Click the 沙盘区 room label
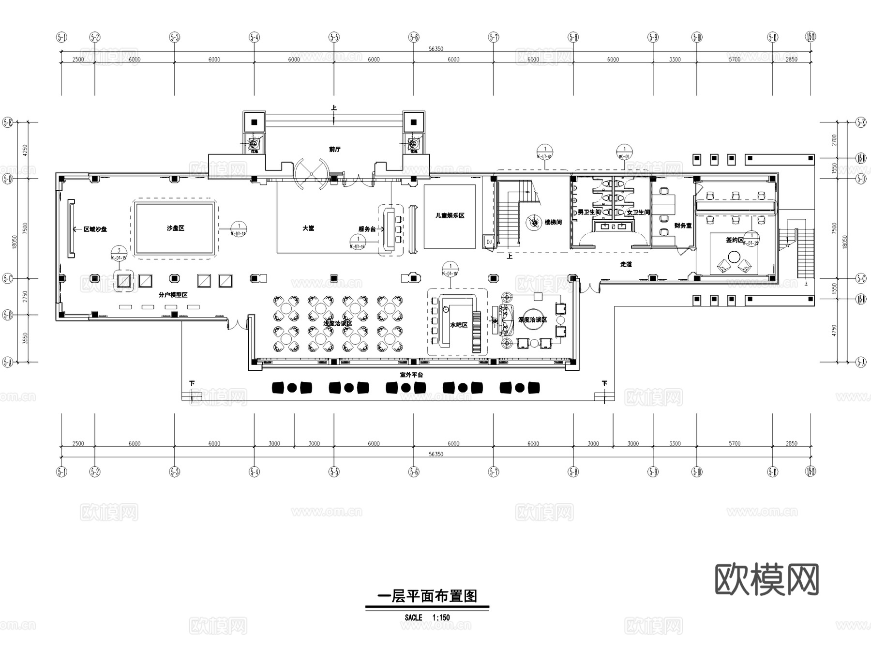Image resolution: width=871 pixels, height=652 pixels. point(175,228)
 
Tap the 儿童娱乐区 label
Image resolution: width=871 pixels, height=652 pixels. point(450,215)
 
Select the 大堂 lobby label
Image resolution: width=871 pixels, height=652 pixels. point(308,228)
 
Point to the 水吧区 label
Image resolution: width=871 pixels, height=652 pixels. point(458,325)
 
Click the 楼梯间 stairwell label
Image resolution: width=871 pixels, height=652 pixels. point(553,222)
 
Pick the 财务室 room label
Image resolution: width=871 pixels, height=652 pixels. point(683,226)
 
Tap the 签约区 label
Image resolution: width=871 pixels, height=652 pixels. point(734,240)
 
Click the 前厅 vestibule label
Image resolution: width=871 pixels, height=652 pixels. point(334,149)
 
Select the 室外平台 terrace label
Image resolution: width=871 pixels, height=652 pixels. point(411,375)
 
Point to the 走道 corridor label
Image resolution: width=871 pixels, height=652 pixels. point(626,264)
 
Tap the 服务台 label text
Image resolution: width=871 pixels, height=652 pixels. point(367,229)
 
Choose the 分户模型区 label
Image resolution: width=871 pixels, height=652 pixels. point(173,295)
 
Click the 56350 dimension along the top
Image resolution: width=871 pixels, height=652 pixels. point(435,49)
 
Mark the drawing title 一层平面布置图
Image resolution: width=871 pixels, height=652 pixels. point(427,596)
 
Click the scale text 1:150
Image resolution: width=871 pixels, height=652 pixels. point(441,618)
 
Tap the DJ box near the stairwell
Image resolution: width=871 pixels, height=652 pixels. point(489,242)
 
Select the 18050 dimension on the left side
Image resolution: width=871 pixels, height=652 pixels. point(15,242)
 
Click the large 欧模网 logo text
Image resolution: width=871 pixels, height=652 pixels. point(766,579)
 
